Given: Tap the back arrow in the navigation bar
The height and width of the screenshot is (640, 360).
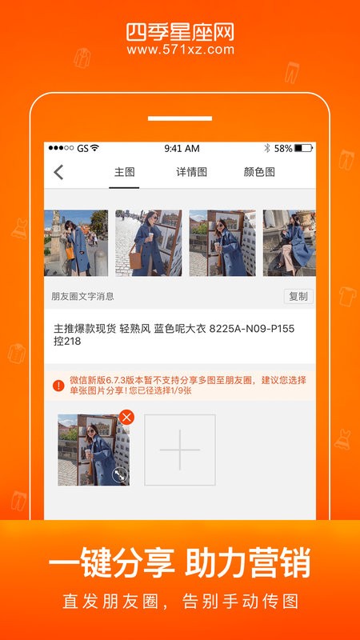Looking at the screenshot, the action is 58,172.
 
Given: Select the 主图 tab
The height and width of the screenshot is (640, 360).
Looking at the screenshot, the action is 124,172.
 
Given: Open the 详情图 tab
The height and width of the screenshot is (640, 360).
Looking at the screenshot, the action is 191,172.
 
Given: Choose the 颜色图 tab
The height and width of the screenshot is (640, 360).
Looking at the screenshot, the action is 259,172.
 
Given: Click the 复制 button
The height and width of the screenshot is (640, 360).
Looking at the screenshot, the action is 298,296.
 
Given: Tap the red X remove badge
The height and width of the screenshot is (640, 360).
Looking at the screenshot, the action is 126,417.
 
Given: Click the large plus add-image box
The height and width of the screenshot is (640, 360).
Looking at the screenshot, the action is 179,450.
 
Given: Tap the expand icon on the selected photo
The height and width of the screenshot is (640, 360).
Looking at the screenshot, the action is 120,474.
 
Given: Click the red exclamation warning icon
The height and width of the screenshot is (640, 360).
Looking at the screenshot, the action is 58,386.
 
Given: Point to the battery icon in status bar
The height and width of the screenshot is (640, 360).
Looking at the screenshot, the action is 304,148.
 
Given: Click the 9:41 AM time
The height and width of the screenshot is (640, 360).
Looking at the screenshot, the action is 182,149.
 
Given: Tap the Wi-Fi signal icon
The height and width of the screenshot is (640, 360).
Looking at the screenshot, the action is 94,148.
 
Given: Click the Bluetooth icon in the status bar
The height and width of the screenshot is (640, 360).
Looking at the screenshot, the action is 267,148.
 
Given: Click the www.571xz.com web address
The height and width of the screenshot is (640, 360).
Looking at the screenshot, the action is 181,50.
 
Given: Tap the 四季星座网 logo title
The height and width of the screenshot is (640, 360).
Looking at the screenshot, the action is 180,32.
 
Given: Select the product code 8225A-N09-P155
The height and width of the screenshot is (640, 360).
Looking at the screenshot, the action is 252,329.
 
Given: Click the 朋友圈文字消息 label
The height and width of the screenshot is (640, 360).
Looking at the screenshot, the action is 82,296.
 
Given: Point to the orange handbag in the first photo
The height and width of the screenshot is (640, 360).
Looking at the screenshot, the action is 70,251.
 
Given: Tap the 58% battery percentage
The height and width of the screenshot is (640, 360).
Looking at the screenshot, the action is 283,149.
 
